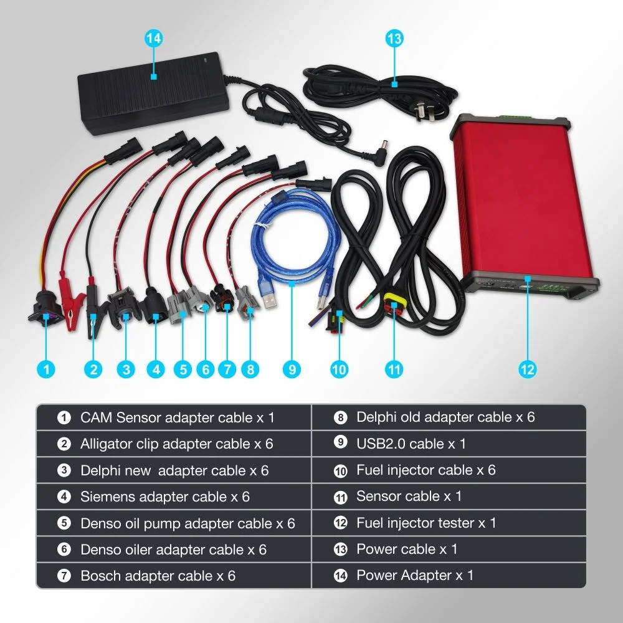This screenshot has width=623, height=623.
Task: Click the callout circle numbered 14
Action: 153,39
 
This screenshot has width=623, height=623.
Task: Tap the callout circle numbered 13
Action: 394,39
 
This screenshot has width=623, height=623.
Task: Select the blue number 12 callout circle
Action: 527,369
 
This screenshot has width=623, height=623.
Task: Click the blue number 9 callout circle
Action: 292,369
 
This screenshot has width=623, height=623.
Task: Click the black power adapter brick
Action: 153,93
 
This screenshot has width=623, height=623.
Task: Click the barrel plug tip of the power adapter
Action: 383,148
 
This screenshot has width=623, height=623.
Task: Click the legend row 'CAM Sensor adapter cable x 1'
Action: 174,417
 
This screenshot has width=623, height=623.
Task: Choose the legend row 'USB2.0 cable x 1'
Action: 449,444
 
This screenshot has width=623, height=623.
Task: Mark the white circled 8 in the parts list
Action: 341,417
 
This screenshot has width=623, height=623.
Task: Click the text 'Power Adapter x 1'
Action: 415,575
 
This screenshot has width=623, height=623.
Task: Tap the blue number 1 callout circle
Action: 46,369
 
